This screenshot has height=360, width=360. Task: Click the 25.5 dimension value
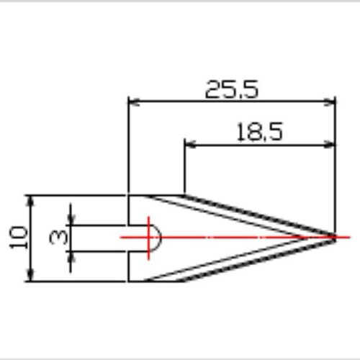(x=232, y=89)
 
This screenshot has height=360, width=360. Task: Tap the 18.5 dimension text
(x=260, y=132)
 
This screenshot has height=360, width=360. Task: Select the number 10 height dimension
(x=19, y=238)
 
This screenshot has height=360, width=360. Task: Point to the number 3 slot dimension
(x=58, y=237)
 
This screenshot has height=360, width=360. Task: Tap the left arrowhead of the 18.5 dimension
(x=190, y=145)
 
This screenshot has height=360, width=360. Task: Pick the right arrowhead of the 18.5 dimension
(x=330, y=145)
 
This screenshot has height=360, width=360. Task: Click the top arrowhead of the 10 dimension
(x=31, y=201)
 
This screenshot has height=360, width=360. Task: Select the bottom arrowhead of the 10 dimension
(x=31, y=276)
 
